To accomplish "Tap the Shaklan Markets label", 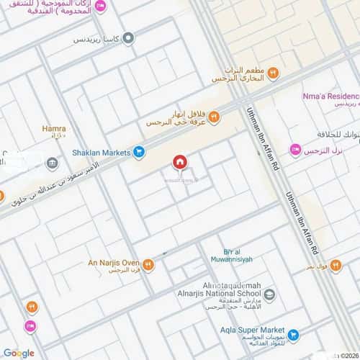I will coord(99,152).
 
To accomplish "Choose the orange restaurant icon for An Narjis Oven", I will coord(148,264).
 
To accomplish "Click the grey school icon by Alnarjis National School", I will coord(269,294).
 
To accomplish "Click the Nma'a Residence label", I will coord(332,95).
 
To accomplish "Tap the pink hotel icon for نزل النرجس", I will coord(295,149).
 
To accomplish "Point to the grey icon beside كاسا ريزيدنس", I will coord(128,38).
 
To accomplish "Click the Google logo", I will coord(18,353).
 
